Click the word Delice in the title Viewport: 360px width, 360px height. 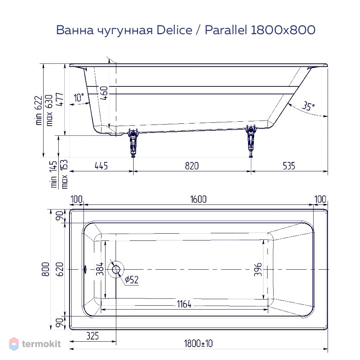click(174, 30)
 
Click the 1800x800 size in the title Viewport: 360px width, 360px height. click(283, 30)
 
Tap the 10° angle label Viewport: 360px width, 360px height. click(79, 97)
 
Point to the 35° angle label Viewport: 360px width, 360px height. click(308, 106)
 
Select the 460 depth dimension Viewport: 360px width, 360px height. click(104, 93)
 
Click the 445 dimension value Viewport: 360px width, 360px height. click(101, 166)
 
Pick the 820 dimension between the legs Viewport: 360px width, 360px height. click(192, 166)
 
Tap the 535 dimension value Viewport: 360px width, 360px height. click(289, 166)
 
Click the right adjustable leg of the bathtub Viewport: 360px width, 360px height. click(251, 141)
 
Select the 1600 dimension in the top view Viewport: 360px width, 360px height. click(198, 199)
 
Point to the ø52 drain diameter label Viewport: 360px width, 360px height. click(132, 280)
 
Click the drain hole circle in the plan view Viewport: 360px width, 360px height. click(116, 269)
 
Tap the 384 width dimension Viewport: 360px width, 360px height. click(100, 269)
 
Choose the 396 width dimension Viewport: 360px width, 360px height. click(258, 269)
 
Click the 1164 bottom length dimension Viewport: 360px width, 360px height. click(184, 304)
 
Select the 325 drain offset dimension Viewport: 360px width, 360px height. click(93, 336)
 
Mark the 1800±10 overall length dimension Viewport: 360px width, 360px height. click(198, 344)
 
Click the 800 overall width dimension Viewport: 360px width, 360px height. click(46, 269)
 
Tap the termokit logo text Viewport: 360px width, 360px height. click(41, 344)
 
